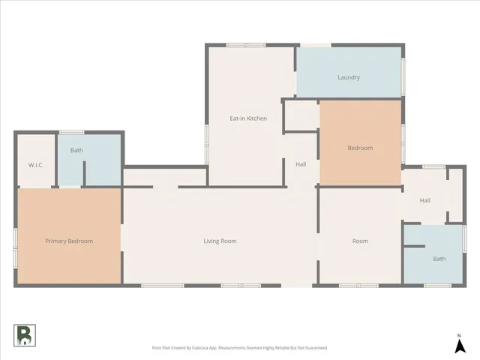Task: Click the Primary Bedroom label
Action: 69,241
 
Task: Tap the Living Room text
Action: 220,241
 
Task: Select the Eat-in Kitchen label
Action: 248,118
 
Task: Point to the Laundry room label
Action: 349,77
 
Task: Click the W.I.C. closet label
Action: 36,164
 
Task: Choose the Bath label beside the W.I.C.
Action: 76,150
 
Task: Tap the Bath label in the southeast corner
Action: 439,259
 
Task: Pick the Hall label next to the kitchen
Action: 301,164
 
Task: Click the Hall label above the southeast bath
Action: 424,200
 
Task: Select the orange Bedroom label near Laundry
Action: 360,148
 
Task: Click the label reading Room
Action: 360,241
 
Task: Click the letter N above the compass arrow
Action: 458,334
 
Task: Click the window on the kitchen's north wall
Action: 246,46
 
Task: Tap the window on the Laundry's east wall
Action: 403,72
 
